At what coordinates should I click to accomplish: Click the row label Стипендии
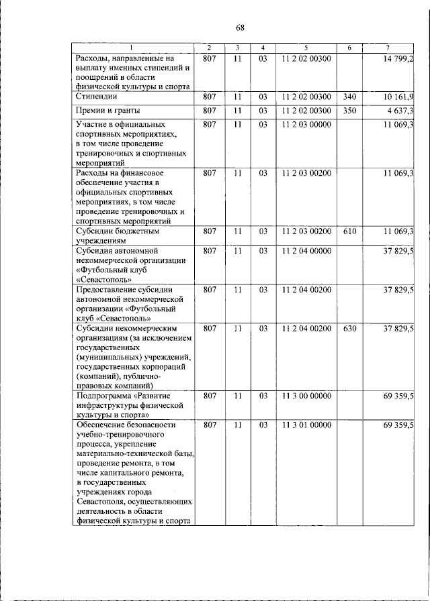point(95,97)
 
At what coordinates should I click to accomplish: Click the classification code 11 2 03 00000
point(306,125)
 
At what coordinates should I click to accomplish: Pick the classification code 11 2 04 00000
point(306,251)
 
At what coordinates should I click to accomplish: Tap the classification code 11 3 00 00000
point(306,396)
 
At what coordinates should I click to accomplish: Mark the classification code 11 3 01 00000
point(306,425)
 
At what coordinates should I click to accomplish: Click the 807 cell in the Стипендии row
point(209,97)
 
